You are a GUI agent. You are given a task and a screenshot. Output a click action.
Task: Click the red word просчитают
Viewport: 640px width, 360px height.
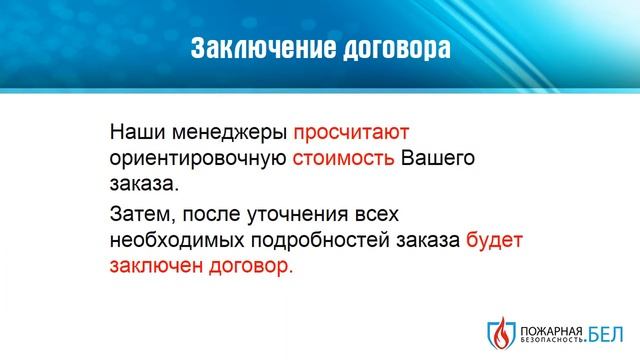(x=352, y=132)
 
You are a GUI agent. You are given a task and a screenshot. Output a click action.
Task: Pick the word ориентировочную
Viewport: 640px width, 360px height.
(x=199, y=158)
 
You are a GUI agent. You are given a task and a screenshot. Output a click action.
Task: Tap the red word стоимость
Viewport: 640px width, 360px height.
(x=344, y=158)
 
